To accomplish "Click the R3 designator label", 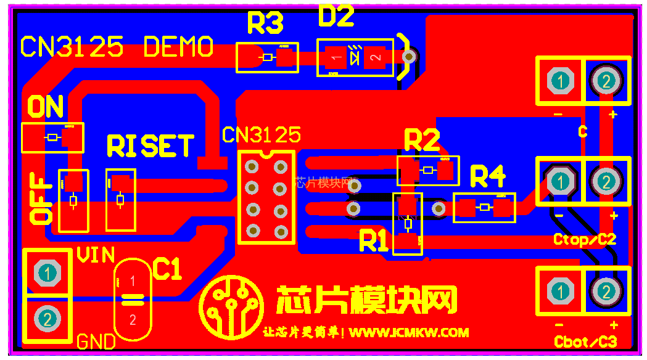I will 265,23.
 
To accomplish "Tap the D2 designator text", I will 336,16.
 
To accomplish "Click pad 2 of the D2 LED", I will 374,57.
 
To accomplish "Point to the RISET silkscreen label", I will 150,146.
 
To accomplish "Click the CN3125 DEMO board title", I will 117,47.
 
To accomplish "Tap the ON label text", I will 46,107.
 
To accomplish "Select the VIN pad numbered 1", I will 46,272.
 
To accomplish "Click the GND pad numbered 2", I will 46,319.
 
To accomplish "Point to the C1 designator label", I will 167,269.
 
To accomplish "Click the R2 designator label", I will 422,141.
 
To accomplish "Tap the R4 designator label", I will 487,177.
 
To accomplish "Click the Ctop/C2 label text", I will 585,239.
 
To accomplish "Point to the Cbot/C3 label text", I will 585,342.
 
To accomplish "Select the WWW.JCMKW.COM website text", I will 408,332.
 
